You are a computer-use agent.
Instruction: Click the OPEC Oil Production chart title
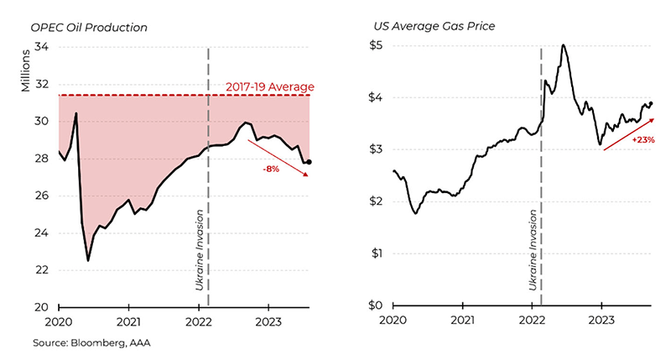[88, 27]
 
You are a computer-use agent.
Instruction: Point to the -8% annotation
[270, 167]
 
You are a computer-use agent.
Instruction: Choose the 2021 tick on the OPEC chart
[128, 321]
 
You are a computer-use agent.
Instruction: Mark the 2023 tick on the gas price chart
[601, 321]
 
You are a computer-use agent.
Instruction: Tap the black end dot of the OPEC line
[310, 162]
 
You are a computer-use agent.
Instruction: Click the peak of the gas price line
[563, 45]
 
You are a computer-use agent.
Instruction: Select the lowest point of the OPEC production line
[88, 261]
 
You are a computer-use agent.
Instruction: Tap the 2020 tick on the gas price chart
[393, 321]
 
